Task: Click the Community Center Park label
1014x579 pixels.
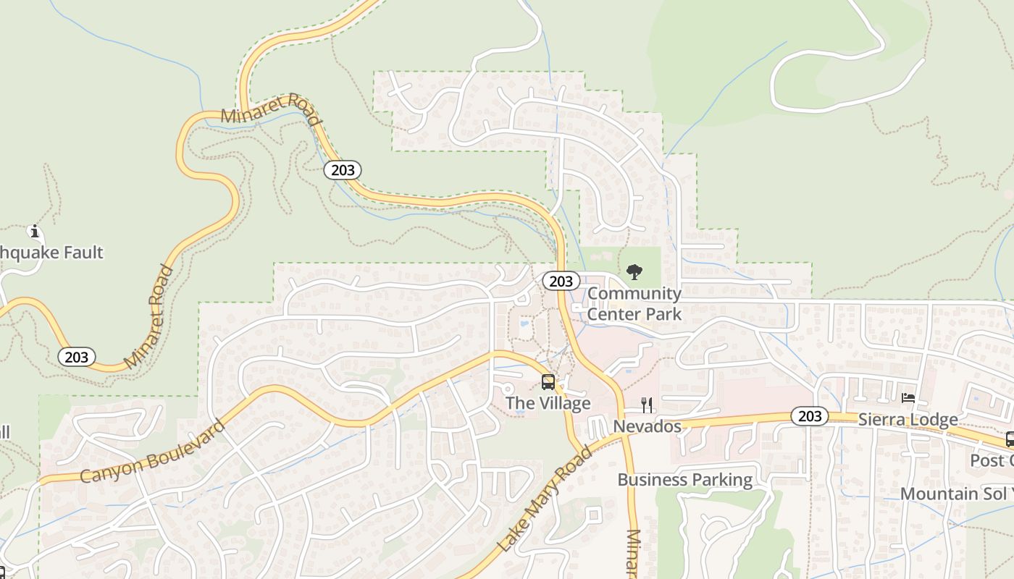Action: pos(634,303)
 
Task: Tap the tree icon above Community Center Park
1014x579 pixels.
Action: pos(634,272)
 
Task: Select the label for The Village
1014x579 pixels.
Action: pos(548,403)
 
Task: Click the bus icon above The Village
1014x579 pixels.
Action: pos(548,382)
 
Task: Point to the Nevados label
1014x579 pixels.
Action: pos(647,426)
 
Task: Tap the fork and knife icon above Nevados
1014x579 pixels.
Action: pos(647,405)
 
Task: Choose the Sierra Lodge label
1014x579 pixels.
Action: pos(908,420)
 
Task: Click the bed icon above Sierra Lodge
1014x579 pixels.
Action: pos(908,398)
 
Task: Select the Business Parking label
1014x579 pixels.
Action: pos(684,480)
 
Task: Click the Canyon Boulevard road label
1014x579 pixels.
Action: pos(152,452)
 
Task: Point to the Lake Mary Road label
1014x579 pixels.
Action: pos(545,499)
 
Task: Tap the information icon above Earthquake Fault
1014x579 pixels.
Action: pos(34,232)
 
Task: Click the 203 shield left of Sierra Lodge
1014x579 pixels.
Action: pos(809,416)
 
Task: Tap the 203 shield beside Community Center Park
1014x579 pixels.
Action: pos(561,282)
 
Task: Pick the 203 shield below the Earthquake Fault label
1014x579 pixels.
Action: pos(76,357)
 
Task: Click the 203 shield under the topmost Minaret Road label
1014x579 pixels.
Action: pos(343,170)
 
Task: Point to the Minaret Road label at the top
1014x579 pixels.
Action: pos(270,109)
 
